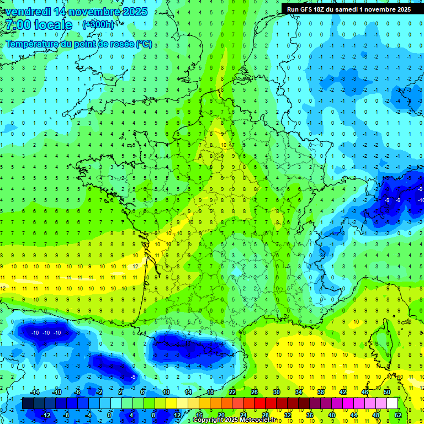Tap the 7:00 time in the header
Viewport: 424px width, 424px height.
[x=17, y=25]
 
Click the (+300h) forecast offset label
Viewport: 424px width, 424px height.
[x=98, y=25]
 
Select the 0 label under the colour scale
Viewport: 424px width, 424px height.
[x=109, y=415]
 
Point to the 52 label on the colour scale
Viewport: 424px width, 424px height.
[x=398, y=415]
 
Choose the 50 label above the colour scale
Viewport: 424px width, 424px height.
[x=387, y=392]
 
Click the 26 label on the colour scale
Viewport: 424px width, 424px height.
[x=254, y=392]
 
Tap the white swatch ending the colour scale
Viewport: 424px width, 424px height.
[x=392, y=403]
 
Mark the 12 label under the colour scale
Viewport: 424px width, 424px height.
[x=177, y=415]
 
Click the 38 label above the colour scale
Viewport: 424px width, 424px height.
[x=320, y=392]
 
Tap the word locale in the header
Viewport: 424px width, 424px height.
[x=52, y=25]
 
